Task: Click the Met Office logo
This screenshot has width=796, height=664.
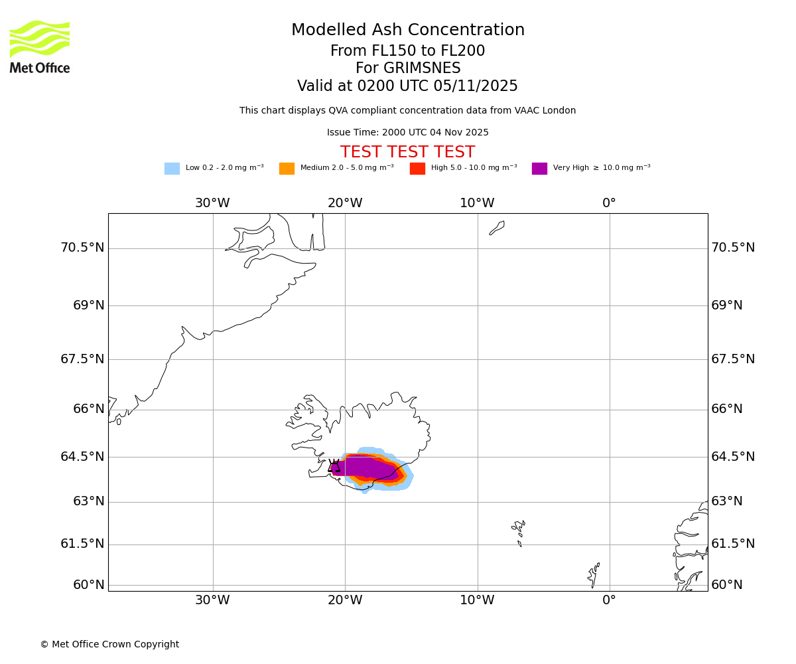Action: click(40, 46)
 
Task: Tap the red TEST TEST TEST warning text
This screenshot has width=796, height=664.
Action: click(407, 152)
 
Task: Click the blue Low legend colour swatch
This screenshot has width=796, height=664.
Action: click(172, 168)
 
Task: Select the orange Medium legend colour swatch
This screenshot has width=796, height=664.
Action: click(287, 168)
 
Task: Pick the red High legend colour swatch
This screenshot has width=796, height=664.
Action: click(417, 168)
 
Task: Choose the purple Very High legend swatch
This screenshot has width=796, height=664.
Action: click(539, 168)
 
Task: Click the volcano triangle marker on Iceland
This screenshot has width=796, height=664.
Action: click(334, 466)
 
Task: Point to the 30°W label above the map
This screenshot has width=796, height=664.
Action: click(212, 203)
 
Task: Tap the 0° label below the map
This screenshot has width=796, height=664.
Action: click(609, 600)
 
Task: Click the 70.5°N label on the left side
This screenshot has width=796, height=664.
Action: click(82, 248)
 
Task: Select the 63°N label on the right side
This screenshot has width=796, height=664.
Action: click(727, 501)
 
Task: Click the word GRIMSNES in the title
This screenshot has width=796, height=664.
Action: click(408, 68)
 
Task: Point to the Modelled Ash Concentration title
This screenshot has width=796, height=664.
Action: click(408, 31)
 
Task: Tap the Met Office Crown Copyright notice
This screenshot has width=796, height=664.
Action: click(109, 644)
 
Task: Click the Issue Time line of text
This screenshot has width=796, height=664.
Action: click(407, 133)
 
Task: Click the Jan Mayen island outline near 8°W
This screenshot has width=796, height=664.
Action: click(497, 228)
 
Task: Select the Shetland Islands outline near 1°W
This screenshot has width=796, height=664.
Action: click(594, 575)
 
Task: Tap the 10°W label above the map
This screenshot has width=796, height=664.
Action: click(477, 203)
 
